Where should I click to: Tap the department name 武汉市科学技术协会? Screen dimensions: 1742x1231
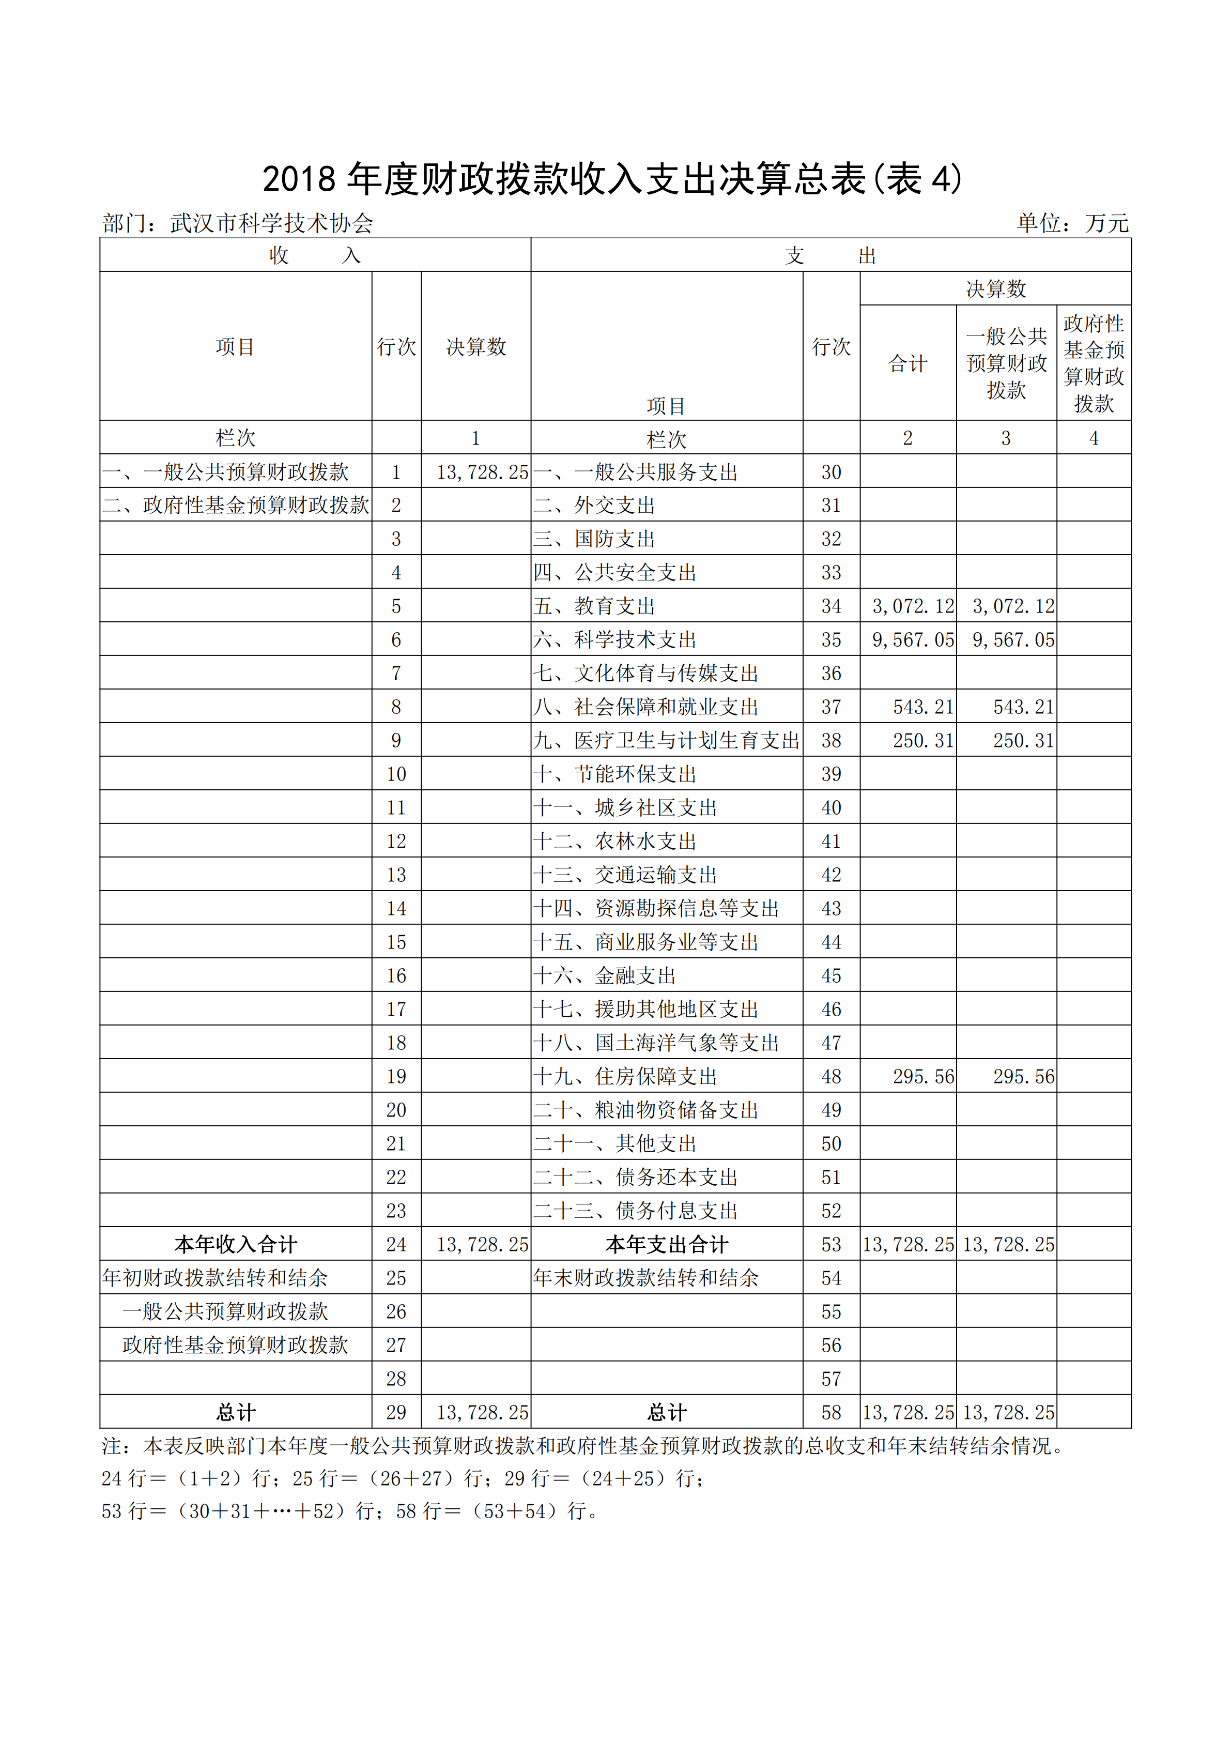[271, 223]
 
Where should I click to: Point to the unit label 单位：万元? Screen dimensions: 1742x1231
[1072, 223]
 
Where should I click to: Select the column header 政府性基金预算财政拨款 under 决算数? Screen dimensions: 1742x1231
[1093, 363]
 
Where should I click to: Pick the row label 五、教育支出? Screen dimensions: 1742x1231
[594, 606]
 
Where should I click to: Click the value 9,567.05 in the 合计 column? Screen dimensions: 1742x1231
[913, 639]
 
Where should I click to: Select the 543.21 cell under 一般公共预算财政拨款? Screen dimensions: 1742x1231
[1023, 707]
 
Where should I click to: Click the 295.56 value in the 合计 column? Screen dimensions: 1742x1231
[922, 1077]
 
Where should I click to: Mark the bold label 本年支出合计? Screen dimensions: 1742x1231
[666, 1244]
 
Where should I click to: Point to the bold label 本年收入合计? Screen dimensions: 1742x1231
[235, 1244]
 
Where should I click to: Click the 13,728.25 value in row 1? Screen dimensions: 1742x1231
[482, 472]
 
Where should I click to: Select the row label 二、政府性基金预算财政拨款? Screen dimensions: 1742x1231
[235, 506]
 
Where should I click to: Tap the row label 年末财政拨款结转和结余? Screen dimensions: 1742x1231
[645, 1278]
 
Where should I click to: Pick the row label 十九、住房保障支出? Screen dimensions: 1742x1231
[625, 1077]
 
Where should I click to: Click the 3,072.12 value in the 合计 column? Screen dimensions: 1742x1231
[913, 606]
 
